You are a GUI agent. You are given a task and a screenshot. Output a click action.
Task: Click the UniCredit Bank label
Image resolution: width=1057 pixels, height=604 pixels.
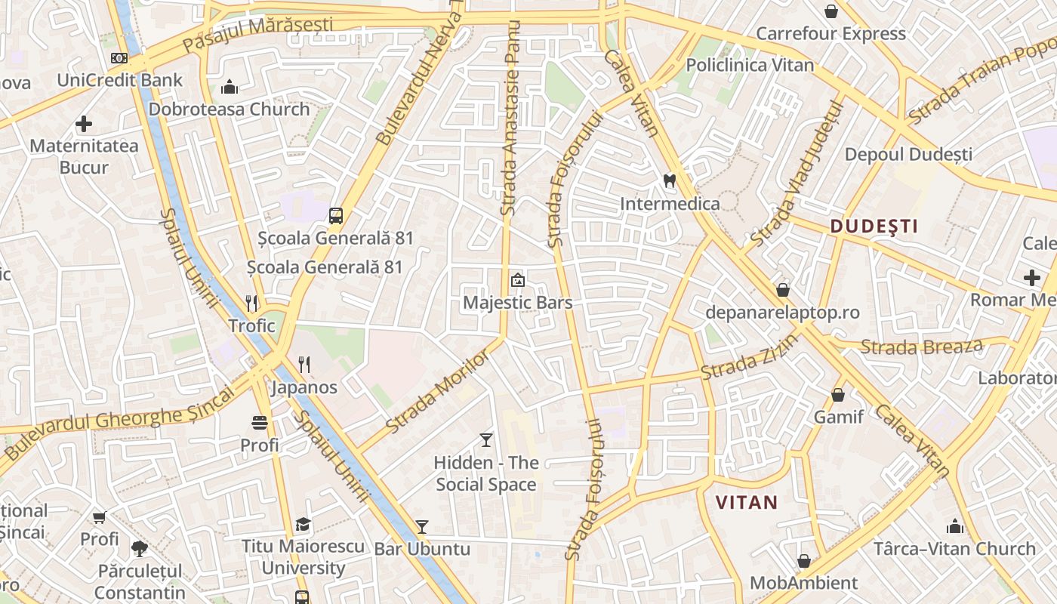coord(120,80)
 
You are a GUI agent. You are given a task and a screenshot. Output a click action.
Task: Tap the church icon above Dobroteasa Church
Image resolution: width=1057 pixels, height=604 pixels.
coord(230,87)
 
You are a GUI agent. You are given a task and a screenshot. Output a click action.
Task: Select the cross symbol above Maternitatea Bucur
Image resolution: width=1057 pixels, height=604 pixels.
coord(84,123)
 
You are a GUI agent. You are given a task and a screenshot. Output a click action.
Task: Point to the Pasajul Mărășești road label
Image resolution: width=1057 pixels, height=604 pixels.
coord(257,35)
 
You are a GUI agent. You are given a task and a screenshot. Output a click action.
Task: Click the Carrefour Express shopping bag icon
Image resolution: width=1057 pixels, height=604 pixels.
coord(831,11)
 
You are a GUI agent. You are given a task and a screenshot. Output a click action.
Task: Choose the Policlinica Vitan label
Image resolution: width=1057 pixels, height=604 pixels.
coord(750,65)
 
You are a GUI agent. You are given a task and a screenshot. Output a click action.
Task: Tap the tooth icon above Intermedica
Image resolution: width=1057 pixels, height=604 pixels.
coord(668,181)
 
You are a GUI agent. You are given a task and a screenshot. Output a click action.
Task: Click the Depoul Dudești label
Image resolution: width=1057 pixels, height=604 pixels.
coord(908,154)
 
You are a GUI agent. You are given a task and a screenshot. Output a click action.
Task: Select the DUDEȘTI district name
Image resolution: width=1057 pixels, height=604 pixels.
coord(874,226)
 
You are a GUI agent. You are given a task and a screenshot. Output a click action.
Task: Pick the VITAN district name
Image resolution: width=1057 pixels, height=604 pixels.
coord(746,502)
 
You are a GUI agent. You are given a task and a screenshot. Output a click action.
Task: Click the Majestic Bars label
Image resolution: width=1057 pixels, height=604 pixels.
coord(518,303)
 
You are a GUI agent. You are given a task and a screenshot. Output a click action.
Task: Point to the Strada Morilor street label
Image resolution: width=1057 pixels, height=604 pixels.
coord(437,391)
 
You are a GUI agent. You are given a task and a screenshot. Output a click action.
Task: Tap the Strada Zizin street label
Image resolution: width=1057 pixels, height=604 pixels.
coord(750,358)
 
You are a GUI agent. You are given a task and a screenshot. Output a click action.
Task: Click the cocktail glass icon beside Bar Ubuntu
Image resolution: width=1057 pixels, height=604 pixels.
coord(422,526)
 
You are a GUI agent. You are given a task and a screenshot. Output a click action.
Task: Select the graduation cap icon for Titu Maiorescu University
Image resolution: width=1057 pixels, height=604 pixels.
coord(303,524)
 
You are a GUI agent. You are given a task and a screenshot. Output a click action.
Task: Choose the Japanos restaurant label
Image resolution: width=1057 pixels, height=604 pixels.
coord(304,387)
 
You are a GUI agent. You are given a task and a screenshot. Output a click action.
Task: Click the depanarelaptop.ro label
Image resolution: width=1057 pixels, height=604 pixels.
coord(782,312)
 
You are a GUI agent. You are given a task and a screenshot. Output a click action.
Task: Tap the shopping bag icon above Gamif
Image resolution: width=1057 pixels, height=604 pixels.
coord(837,394)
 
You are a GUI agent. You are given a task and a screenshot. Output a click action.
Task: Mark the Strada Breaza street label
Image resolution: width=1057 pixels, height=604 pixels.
coord(921,347)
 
